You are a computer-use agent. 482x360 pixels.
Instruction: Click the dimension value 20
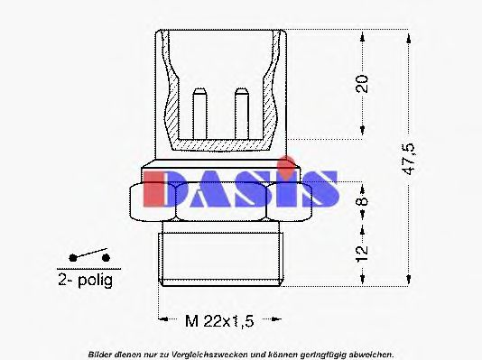pyautogui.click(x=362, y=85)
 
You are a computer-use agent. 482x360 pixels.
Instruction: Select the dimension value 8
pyautogui.click(x=362, y=197)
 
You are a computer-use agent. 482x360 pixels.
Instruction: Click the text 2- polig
pyautogui.click(x=85, y=281)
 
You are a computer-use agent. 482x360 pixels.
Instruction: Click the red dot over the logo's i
pyautogui.click(x=285, y=163)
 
